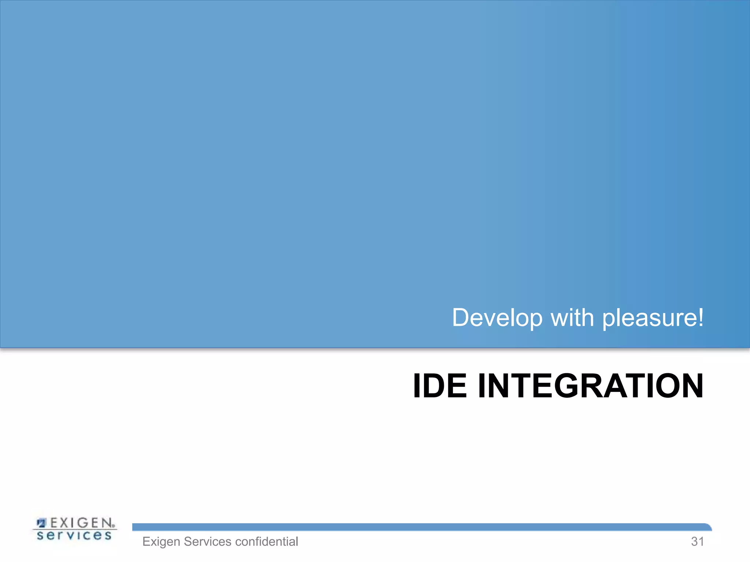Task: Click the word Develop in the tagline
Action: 497,318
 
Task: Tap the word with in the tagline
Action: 572,318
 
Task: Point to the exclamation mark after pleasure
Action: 700,317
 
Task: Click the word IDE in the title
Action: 440,386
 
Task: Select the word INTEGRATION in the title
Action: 591,386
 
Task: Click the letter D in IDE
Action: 439,386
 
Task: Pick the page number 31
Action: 697,542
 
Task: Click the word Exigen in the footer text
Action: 161,542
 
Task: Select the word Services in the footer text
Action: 207,542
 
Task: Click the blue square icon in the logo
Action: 42,523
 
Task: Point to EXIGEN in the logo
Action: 81,523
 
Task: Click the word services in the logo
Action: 74,536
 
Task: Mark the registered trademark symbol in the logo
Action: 114,526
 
